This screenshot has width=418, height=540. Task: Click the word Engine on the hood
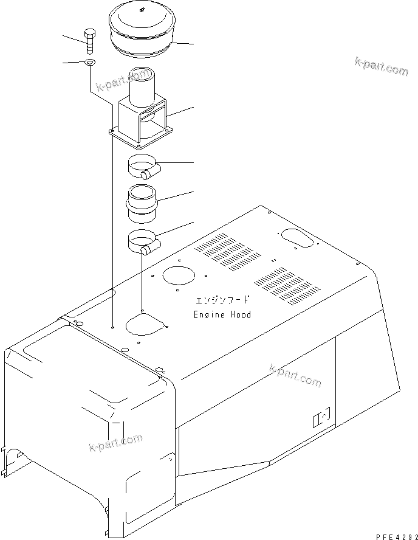[x=207, y=314]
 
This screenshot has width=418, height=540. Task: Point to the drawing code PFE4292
[x=394, y=535]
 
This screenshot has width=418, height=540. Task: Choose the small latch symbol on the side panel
[x=320, y=418]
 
